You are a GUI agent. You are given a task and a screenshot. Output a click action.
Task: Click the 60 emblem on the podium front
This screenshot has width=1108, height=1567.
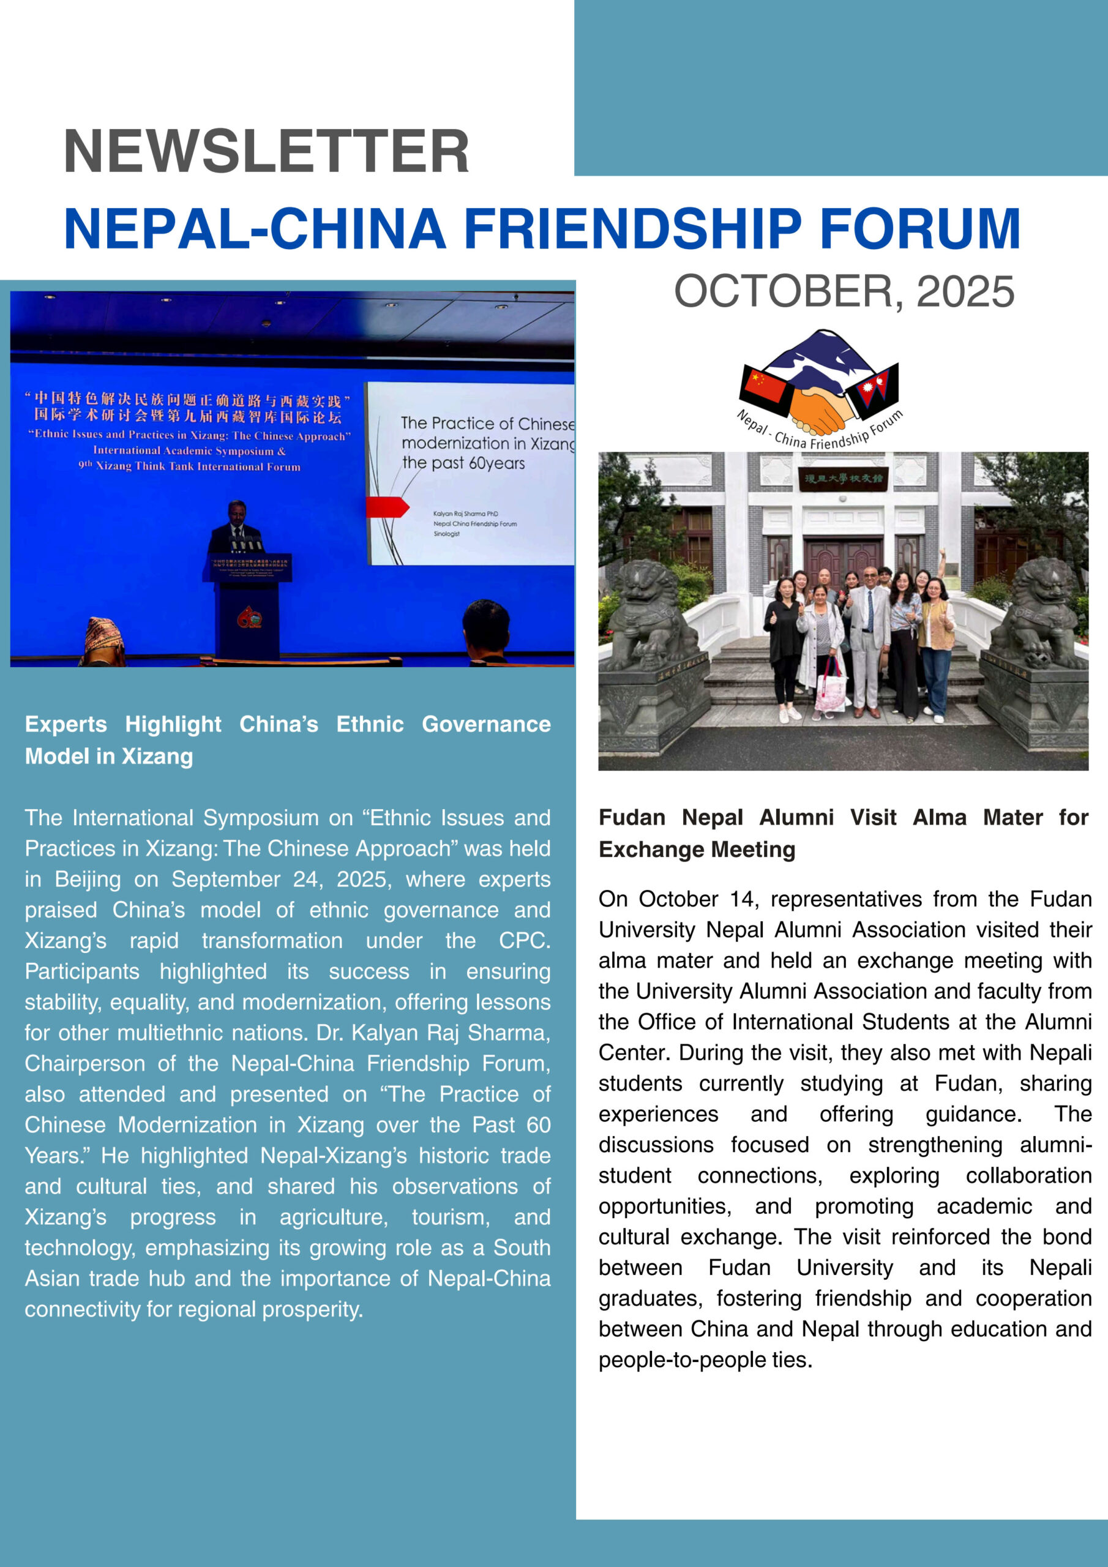[250, 618]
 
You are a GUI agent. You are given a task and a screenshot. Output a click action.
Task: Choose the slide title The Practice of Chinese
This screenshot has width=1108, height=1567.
[487, 424]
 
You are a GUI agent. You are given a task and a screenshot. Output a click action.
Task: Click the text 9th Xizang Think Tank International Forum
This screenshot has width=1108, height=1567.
[189, 466]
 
